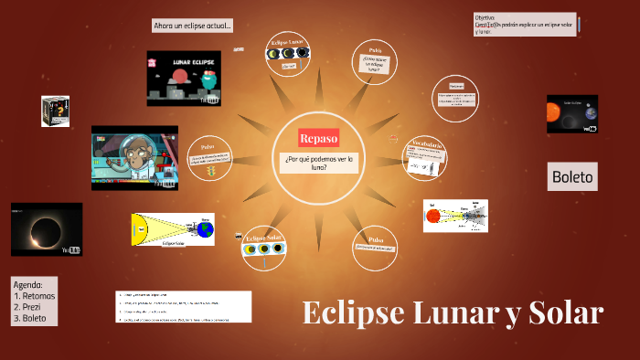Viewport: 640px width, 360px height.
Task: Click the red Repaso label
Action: pos(318,138)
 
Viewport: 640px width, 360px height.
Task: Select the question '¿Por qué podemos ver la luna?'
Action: pos(318,163)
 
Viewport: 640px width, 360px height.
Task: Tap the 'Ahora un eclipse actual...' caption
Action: pos(193,26)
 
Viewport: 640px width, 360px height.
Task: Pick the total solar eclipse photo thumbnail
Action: pos(46,228)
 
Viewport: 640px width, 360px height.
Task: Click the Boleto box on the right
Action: pos(573,177)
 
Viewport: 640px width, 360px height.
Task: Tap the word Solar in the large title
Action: pos(566,313)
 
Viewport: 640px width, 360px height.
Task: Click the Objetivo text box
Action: pos(524,24)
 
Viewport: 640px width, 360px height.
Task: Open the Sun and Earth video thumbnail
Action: pos(572,113)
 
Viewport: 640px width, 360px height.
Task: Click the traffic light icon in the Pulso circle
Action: pos(211,171)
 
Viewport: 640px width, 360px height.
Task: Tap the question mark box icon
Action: pos(55,111)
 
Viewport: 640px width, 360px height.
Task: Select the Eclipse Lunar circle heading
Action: pos(285,43)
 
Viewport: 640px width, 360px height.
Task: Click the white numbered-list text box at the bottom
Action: pos(184,307)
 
